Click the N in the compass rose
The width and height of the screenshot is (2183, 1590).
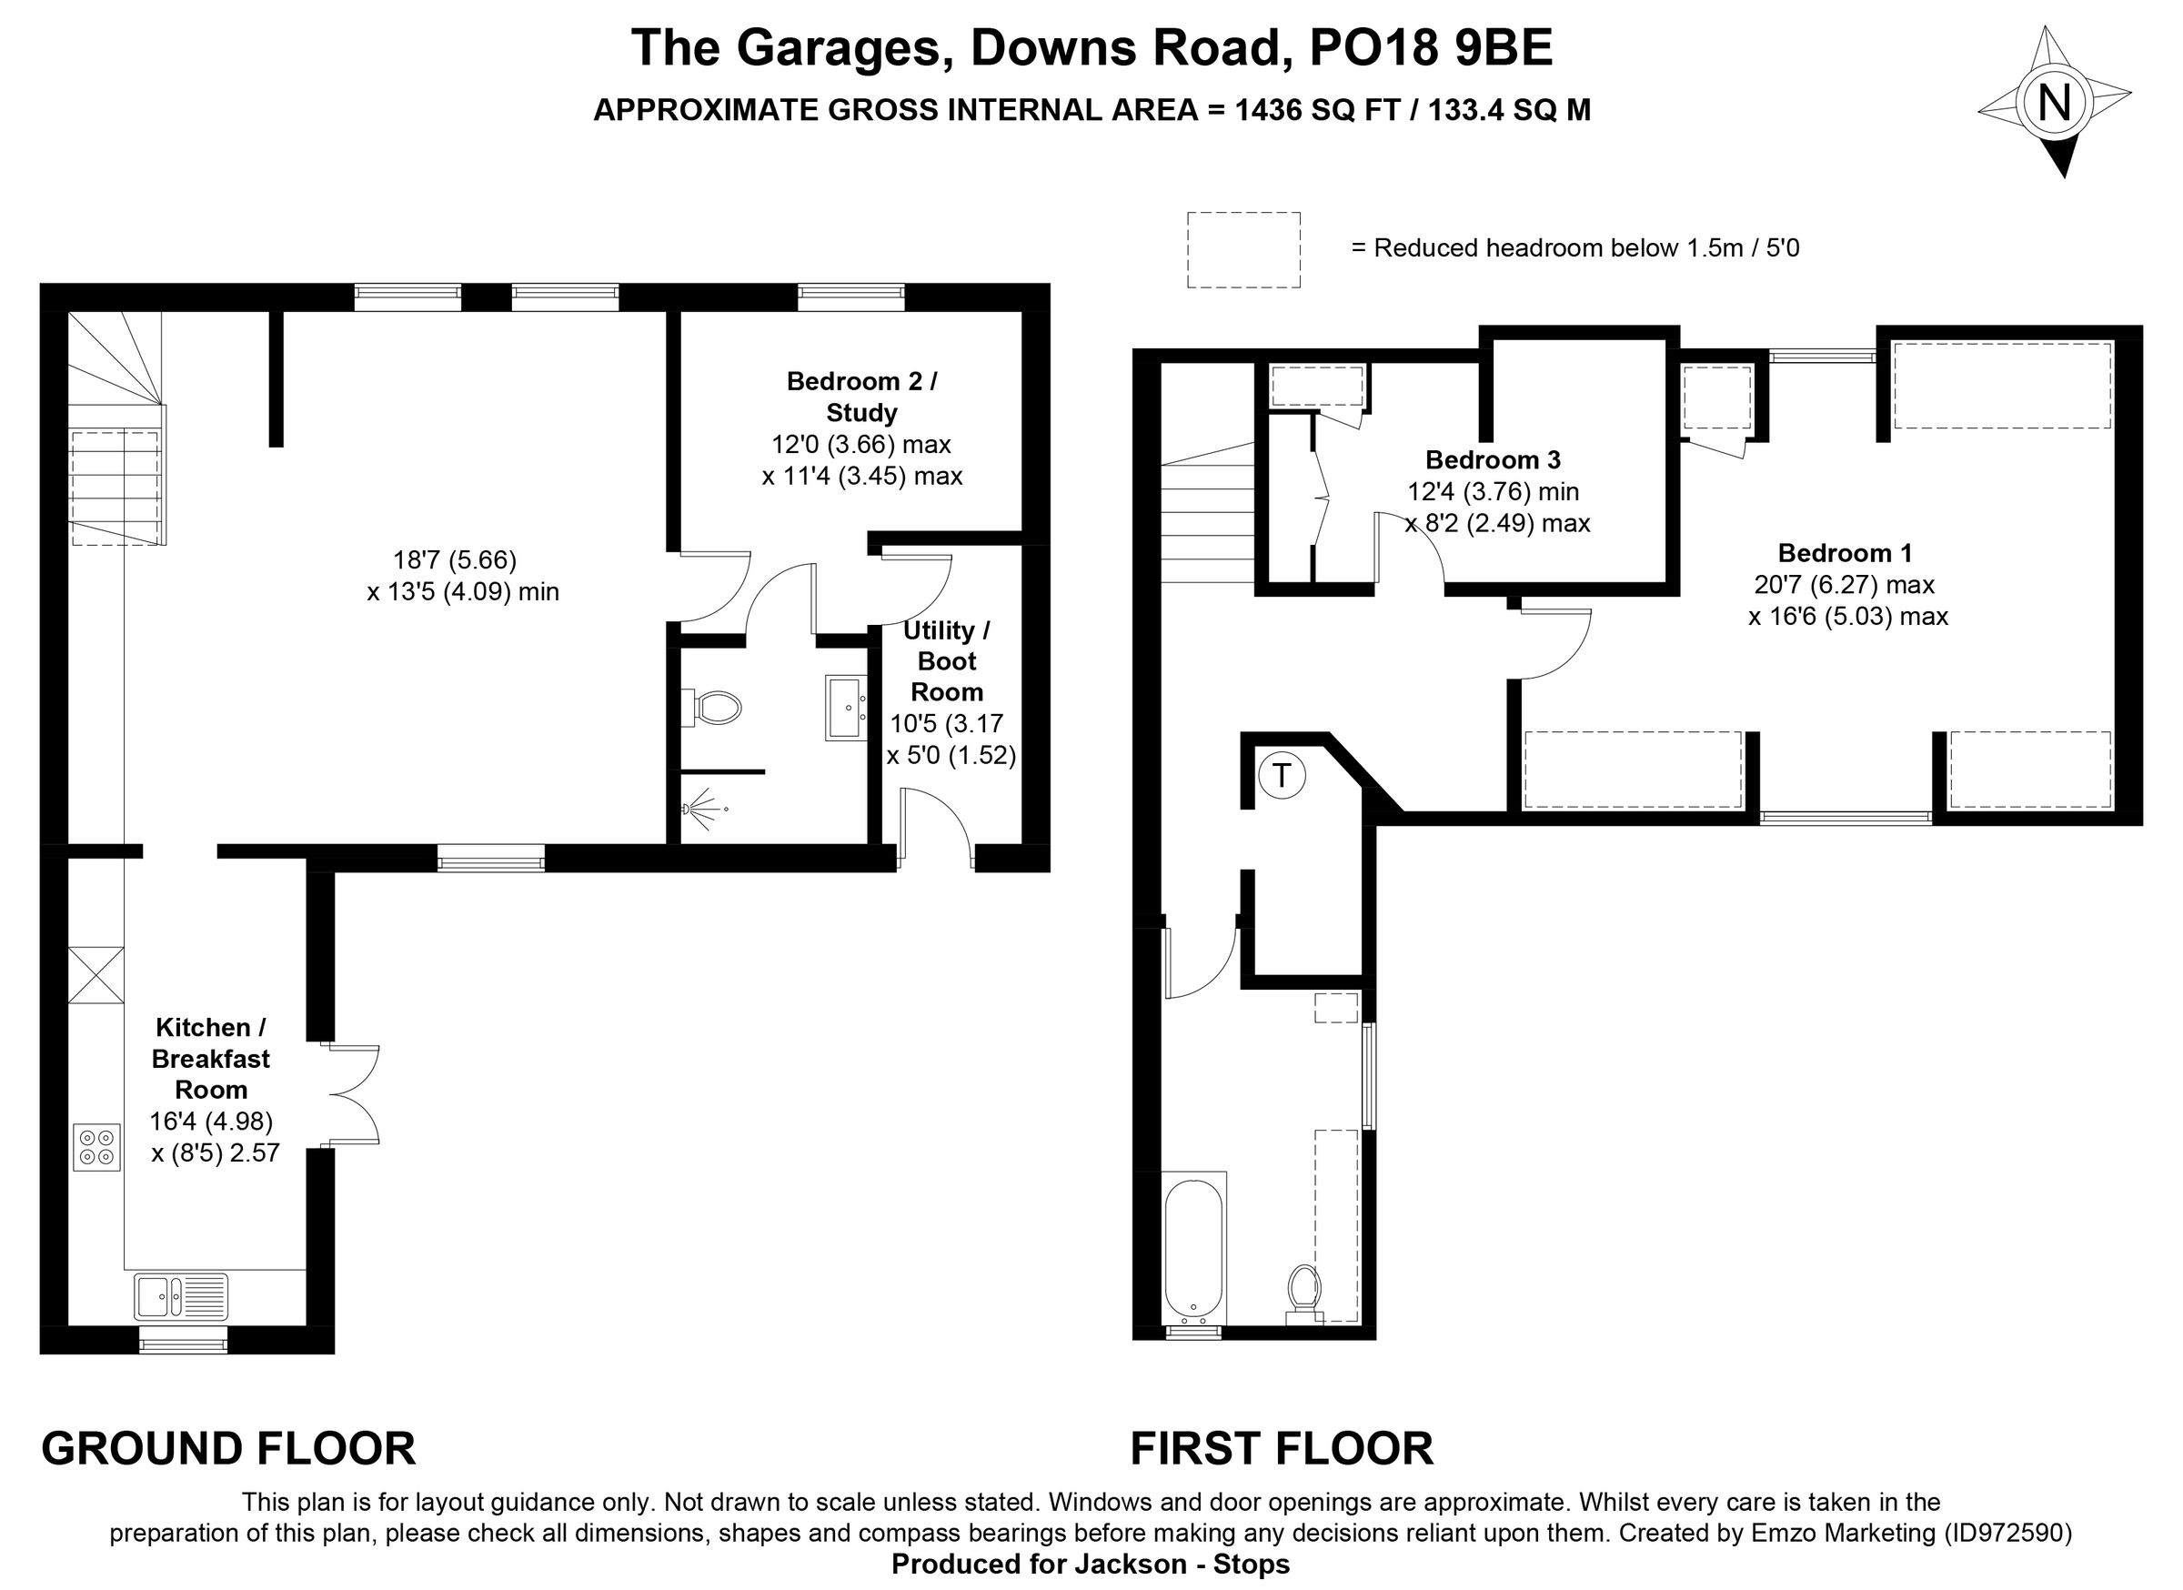2054,102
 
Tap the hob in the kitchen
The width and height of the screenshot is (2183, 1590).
96,1147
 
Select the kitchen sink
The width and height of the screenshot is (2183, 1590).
181,1296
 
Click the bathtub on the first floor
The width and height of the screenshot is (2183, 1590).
1193,1249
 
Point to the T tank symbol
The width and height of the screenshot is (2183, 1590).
1281,775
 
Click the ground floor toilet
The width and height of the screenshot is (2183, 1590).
714,709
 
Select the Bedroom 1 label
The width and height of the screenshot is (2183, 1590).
1845,552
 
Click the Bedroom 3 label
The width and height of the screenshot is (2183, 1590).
1492,459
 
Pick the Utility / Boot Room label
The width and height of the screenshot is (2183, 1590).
946,661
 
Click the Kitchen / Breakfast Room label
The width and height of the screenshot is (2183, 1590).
211,1059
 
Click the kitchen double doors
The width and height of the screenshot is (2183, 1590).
354,1094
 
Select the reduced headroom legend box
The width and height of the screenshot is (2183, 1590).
1242,249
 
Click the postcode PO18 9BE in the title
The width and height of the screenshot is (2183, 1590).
1432,48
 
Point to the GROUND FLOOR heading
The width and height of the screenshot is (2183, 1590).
228,1448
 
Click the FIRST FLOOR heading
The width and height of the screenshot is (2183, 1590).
1281,1448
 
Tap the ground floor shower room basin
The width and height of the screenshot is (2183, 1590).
845,708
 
